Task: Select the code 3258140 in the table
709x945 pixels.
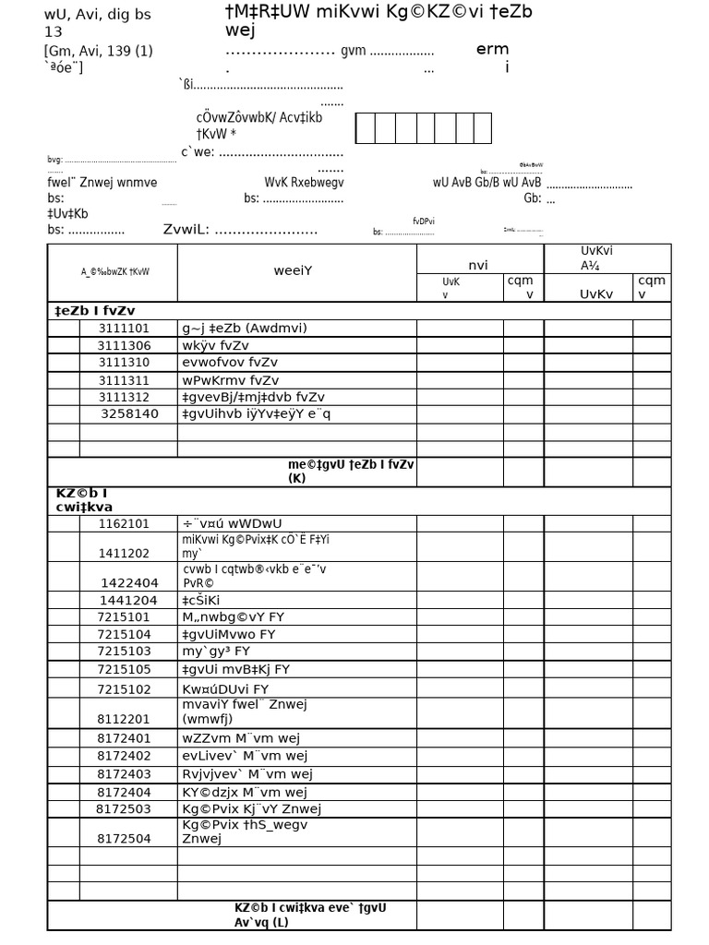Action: (x=129, y=414)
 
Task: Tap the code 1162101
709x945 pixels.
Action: (x=124, y=524)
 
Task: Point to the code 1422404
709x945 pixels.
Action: (x=129, y=583)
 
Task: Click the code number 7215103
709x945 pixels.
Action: (x=124, y=652)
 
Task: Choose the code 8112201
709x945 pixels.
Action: (x=124, y=719)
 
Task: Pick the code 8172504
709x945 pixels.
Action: (x=124, y=839)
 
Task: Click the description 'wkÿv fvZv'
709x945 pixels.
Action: (x=215, y=346)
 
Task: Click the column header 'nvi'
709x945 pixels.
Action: (x=478, y=266)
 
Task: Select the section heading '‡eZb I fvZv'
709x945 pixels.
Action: (x=96, y=311)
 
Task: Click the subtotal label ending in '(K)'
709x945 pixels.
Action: (x=350, y=472)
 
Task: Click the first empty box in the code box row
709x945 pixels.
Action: (x=365, y=128)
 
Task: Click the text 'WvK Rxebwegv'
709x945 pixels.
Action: (x=304, y=183)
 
